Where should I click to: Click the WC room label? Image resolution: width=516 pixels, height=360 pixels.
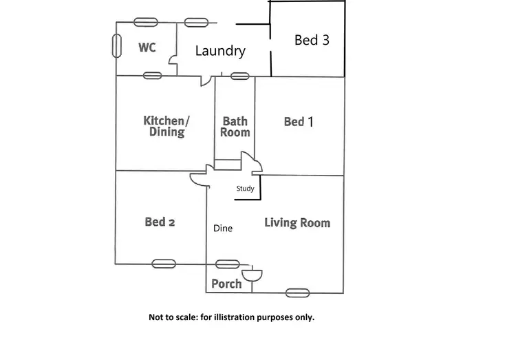coord(147,47)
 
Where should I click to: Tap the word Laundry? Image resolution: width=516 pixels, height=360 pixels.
coord(220,51)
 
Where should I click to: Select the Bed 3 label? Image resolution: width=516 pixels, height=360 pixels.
coord(312,40)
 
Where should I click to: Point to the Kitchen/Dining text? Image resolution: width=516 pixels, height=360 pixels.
coord(166,126)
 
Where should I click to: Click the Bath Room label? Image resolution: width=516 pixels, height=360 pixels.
coord(235,127)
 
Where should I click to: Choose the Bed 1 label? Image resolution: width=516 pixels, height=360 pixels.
coord(299,122)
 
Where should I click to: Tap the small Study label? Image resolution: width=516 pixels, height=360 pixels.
coord(245,189)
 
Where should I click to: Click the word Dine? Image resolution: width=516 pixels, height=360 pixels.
coord(222,229)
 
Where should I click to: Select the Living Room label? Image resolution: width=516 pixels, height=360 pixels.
coord(297,223)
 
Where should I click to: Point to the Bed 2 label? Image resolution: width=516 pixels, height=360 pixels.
coord(160,222)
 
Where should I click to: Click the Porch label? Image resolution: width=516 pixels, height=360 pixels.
coord(226,284)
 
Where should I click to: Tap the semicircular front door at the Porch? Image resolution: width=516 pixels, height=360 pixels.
coord(252,274)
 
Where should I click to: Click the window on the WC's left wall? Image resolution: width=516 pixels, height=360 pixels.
coord(116,44)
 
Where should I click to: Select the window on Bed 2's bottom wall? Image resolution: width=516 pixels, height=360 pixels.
coord(164,264)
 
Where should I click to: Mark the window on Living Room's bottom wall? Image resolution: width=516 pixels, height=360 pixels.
coord(297,293)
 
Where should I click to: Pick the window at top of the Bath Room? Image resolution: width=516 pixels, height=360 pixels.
coord(239,76)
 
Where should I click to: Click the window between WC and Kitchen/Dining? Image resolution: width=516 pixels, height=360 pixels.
coord(153,76)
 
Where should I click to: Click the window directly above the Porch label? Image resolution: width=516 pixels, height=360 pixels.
coord(226,264)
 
